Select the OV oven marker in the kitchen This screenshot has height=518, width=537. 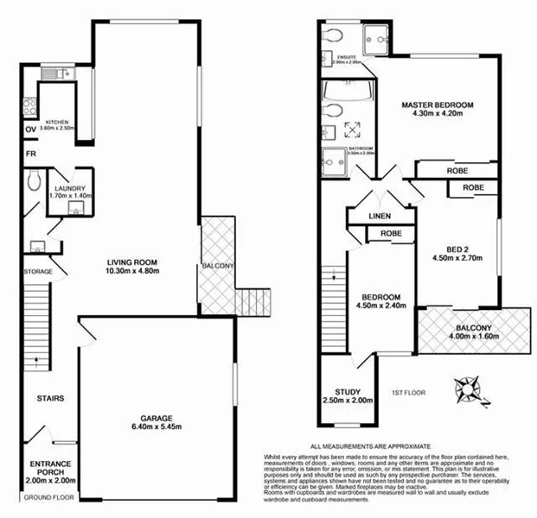tap(31, 130)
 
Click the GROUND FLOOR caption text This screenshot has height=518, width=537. tap(49, 498)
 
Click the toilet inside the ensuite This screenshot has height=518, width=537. tap(333, 35)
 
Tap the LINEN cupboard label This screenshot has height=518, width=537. tap(380, 216)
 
